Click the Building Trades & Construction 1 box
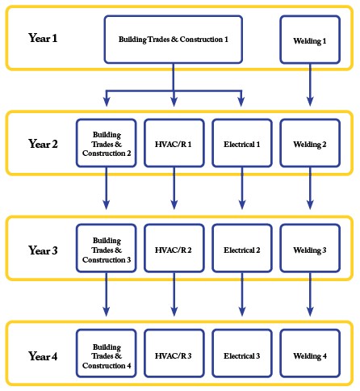pyautogui.click(x=173, y=39)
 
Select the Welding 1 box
pyautogui.click(x=310, y=39)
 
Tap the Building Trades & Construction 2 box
pyautogui.click(x=106, y=143)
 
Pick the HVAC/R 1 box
pyautogui.click(x=174, y=143)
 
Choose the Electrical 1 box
pyautogui.click(x=241, y=143)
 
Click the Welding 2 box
pyautogui.click(x=310, y=143)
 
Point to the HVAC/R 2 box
pyautogui.click(x=174, y=250)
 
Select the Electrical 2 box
pyautogui.click(x=241, y=250)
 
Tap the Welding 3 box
pyautogui.click(x=310, y=250)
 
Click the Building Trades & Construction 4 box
pyautogui.click(x=106, y=355)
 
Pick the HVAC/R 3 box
pyautogui.click(x=174, y=355)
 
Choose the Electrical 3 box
pyautogui.click(x=241, y=355)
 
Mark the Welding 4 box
pyautogui.click(x=310, y=355)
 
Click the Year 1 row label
pyautogui.click(x=43, y=38)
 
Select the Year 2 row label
pyautogui.click(x=43, y=144)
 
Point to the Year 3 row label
pyautogui.click(x=43, y=250)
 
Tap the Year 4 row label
pyautogui.click(x=43, y=356)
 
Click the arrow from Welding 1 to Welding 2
pyautogui.click(x=310, y=85)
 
